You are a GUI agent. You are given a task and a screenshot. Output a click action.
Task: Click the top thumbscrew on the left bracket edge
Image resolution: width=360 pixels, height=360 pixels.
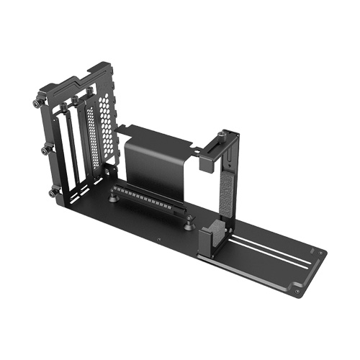pos(36,102)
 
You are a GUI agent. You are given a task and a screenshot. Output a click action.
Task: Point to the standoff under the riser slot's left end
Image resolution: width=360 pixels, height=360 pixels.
pos(116,194)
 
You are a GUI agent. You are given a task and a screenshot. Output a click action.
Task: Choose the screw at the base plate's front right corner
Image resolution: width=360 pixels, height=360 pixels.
pos(297,290)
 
